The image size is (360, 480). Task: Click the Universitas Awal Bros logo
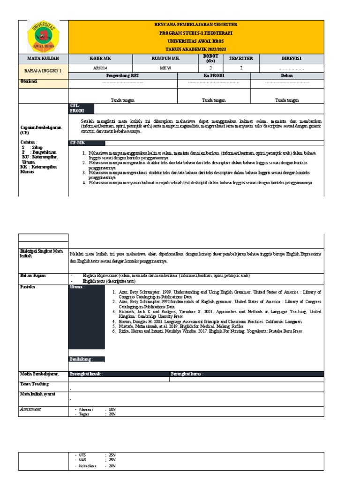43,36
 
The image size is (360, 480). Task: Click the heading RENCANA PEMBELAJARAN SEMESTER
195,24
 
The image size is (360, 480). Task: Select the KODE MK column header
100,59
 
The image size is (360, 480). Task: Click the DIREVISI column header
291,59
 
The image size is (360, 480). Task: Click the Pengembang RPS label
123,75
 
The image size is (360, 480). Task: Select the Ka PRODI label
214,75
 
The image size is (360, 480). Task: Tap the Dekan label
287,75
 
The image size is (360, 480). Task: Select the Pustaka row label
27,285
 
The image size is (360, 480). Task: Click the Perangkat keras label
187,374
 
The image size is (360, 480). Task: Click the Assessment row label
30,409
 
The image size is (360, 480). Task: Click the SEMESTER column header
241,59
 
